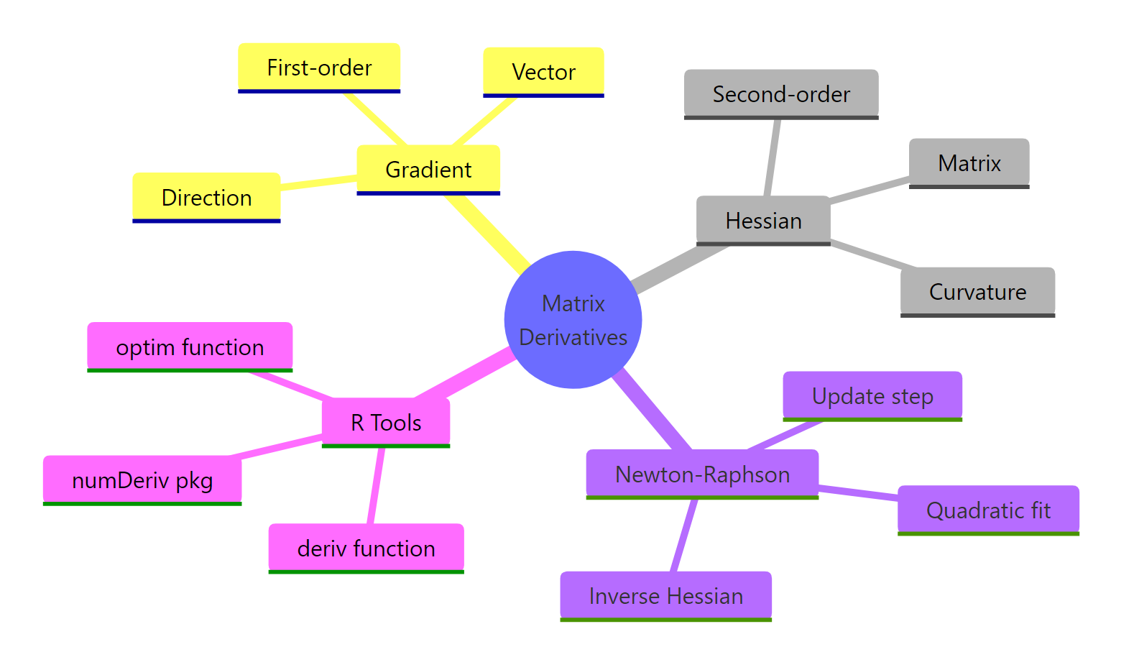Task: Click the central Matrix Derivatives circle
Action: point(573,320)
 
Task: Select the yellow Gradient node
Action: point(428,170)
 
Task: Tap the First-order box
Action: point(319,68)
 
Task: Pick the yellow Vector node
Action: point(543,72)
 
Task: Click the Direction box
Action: point(206,198)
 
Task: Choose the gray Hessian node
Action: point(763,221)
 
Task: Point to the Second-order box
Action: point(781,94)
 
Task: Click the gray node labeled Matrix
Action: point(969,163)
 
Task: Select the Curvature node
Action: point(977,292)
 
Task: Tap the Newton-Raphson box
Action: point(702,474)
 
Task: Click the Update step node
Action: point(872,396)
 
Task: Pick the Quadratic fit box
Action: point(988,510)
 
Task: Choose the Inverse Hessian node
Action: point(665,596)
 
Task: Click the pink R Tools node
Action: point(386,423)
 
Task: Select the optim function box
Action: point(190,347)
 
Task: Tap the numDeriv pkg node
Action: point(142,480)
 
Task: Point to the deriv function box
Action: point(366,549)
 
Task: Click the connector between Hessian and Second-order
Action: point(773,157)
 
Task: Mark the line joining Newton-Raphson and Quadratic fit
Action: point(858,492)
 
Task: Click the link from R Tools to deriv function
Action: point(376,486)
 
